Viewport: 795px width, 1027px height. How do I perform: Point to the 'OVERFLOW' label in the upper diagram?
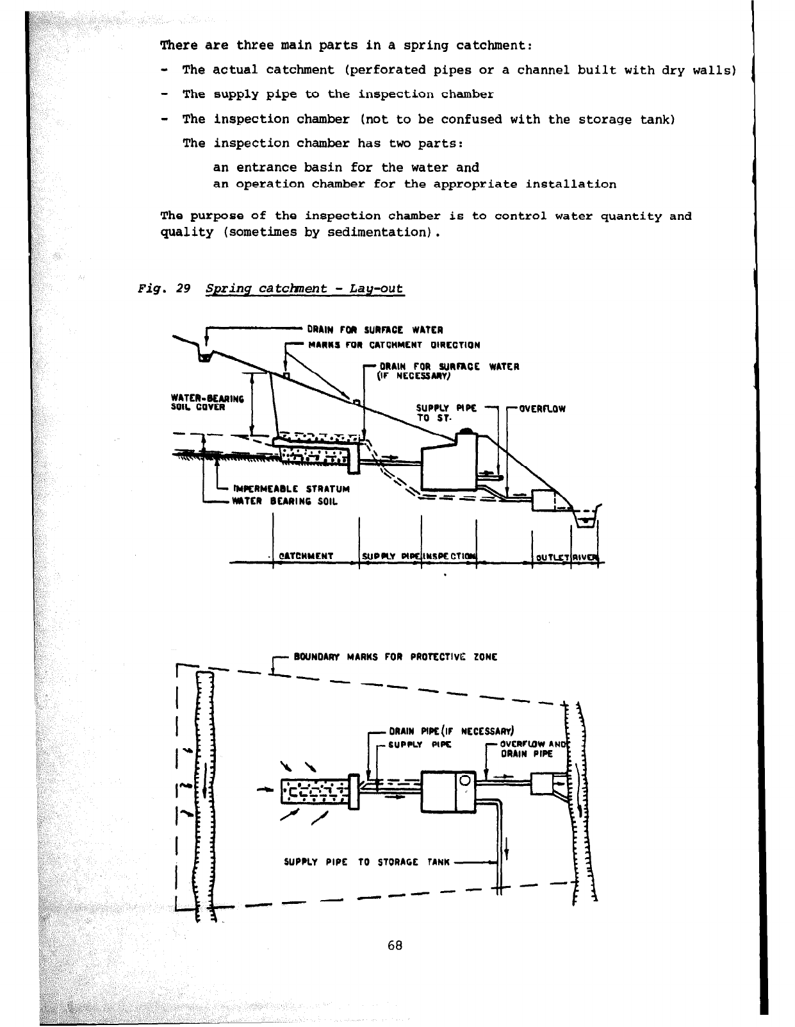coord(542,408)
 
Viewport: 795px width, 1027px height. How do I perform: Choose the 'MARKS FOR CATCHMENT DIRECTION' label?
coord(394,345)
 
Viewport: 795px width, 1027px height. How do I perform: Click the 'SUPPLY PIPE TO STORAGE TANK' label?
coord(368,862)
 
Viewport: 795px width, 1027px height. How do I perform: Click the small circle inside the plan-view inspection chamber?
coord(465,780)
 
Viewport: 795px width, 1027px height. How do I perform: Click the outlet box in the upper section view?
coord(544,500)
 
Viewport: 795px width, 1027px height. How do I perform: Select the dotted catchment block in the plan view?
coord(314,792)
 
